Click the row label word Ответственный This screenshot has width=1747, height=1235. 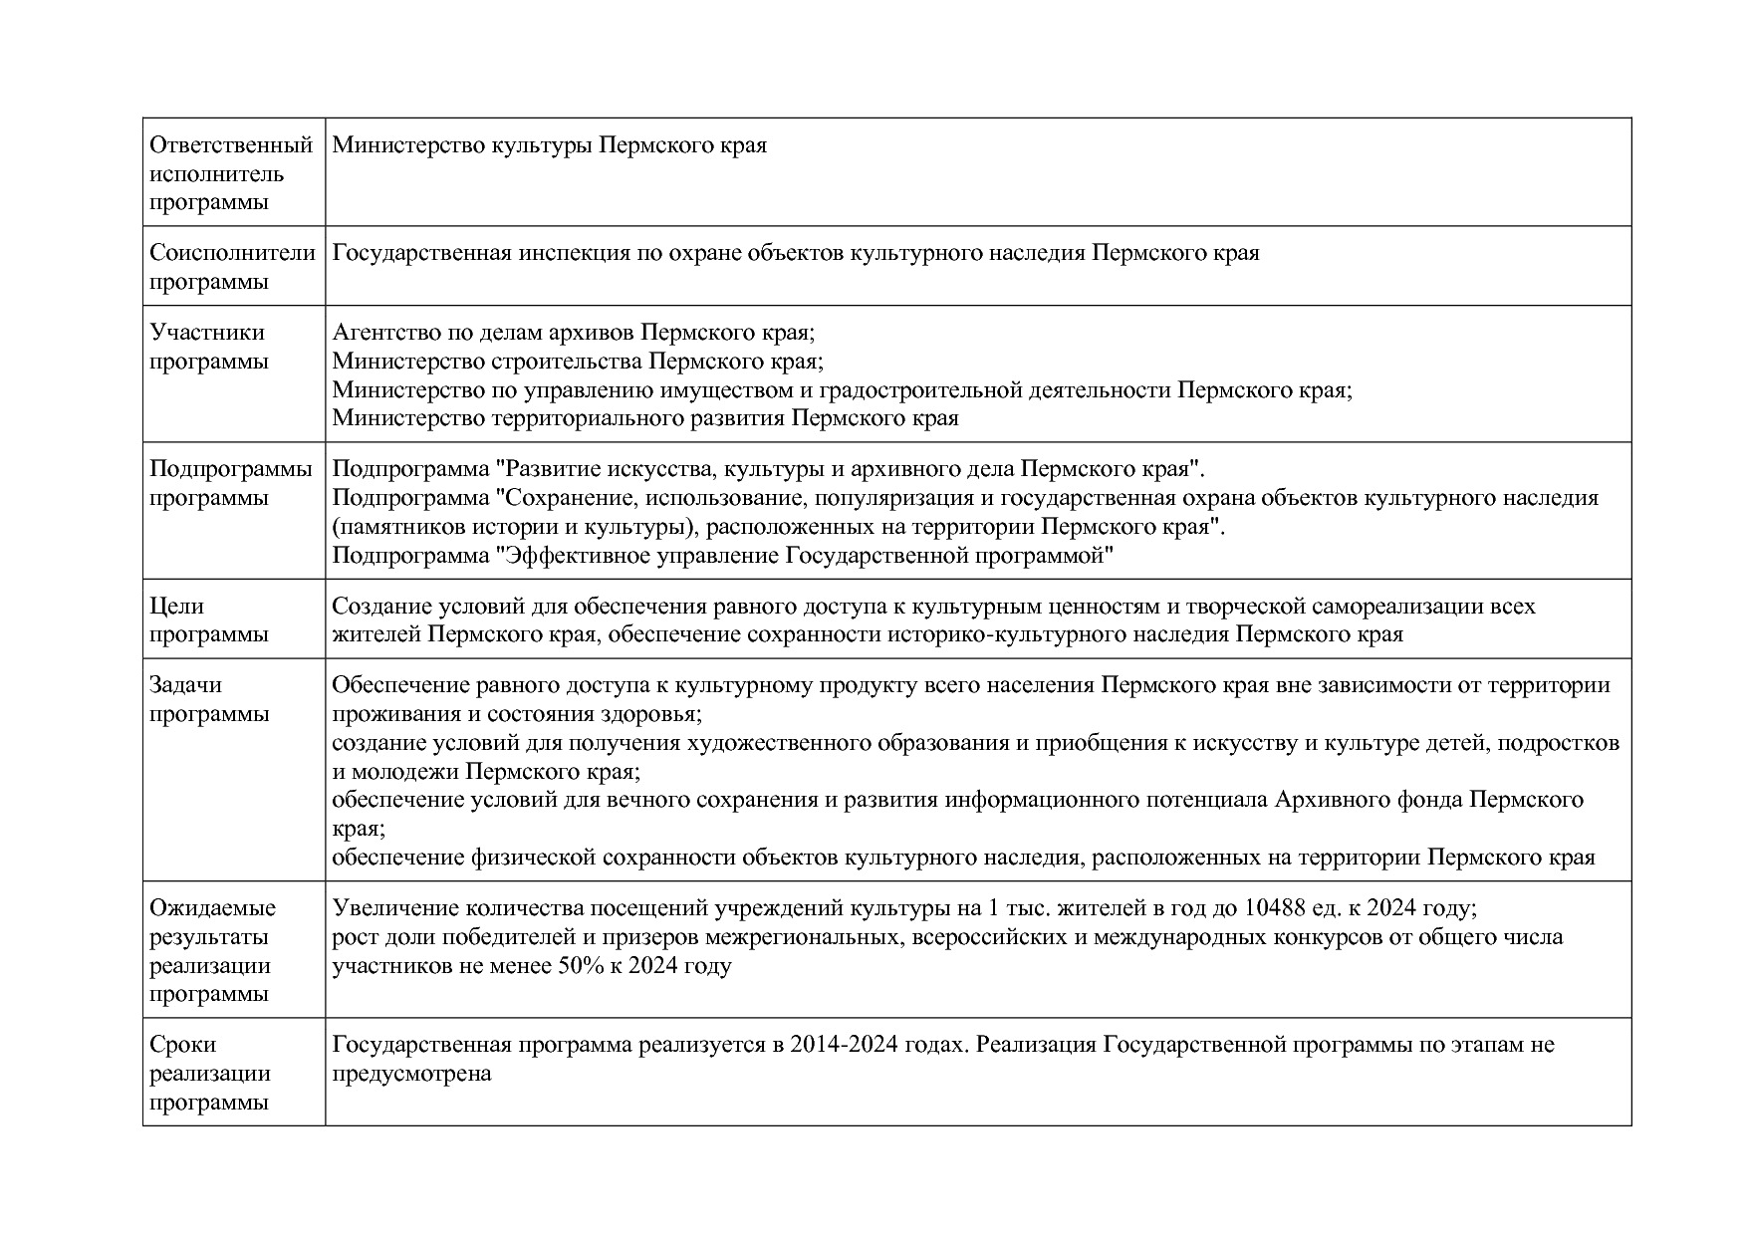tap(231, 145)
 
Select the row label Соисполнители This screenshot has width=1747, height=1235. tap(232, 253)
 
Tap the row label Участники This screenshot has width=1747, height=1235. tap(207, 333)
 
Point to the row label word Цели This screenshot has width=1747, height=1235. tap(176, 607)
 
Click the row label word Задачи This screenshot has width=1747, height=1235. tap(185, 685)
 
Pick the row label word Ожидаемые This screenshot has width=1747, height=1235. tap(212, 908)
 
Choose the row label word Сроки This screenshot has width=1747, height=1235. tap(182, 1045)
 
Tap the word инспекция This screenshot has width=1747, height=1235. tap(573, 253)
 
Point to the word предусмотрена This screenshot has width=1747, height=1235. tap(411, 1075)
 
